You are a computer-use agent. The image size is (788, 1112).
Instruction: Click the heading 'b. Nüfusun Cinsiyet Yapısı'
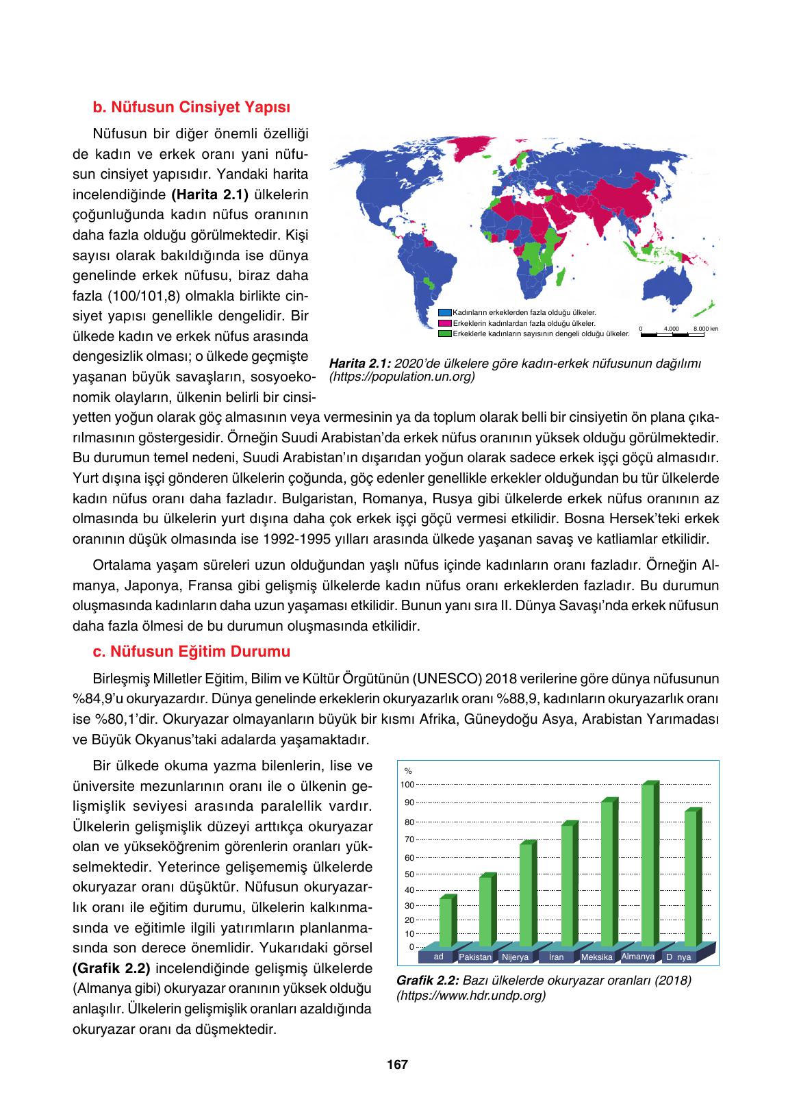[x=191, y=108]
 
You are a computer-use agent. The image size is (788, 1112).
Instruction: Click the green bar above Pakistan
[x=485, y=911]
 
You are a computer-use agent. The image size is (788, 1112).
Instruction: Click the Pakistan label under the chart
[x=475, y=957]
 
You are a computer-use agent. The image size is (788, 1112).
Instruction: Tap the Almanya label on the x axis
[x=637, y=956]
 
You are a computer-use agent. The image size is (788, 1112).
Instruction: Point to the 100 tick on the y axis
[x=407, y=785]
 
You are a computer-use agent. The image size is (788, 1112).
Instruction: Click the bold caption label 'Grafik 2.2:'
[x=428, y=981]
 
